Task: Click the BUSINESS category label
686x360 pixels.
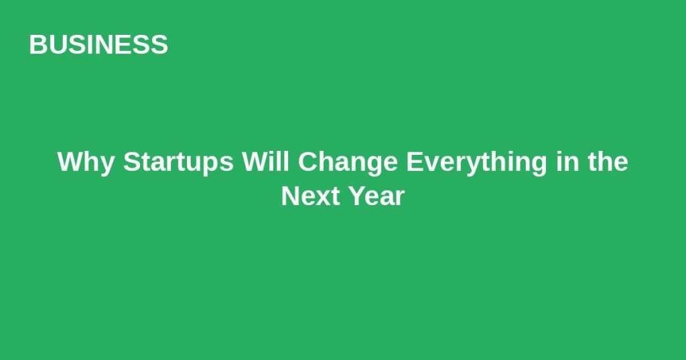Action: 98,45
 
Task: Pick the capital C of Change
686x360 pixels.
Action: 308,162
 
